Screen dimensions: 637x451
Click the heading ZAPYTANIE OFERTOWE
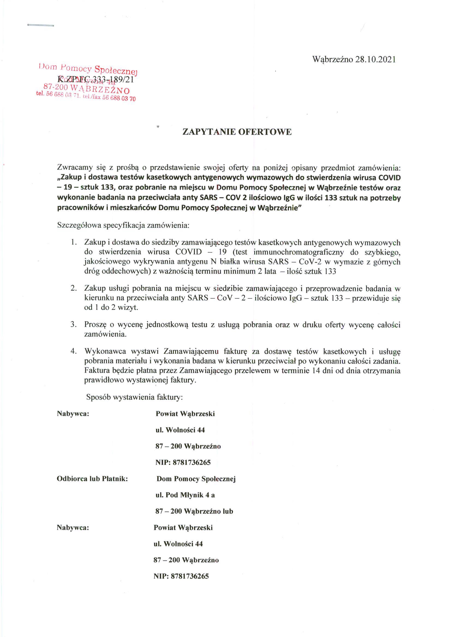(237, 132)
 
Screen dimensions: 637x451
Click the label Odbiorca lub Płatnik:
(92, 479)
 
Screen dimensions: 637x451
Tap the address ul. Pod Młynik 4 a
(185, 495)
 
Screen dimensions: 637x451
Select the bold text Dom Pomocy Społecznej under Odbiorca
(196, 479)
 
